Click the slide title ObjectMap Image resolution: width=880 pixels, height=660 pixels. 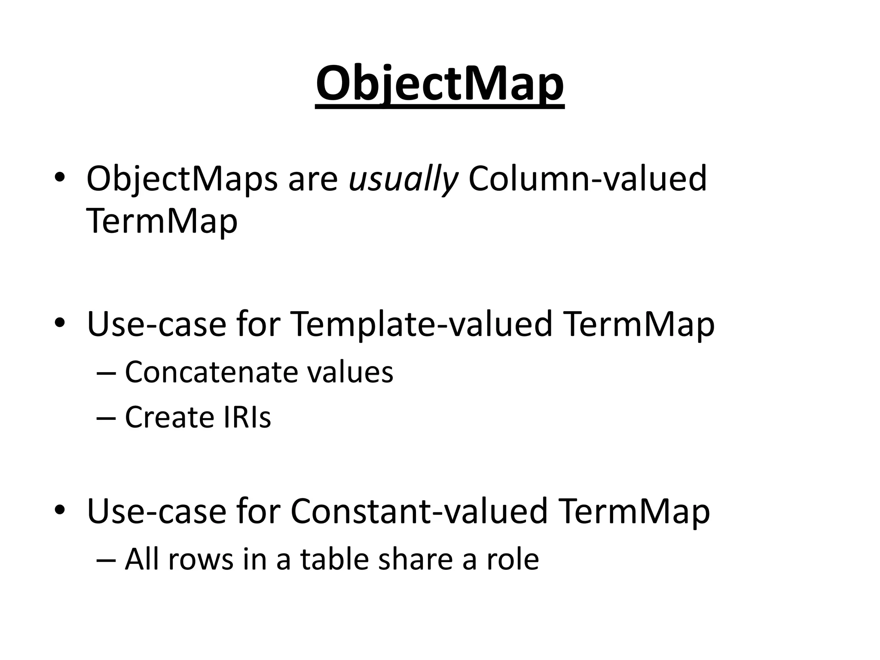[440, 84]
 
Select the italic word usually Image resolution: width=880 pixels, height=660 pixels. [403, 179]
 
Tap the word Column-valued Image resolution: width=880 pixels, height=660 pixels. [587, 179]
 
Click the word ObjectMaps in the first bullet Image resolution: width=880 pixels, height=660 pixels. [182, 179]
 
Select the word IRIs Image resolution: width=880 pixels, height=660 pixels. [247, 417]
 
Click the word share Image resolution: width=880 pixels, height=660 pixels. [416, 560]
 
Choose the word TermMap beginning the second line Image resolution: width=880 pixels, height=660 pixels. [162, 222]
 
